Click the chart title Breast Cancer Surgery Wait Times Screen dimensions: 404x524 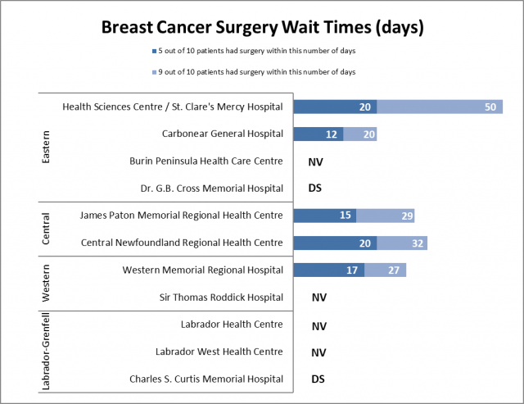(x=262, y=27)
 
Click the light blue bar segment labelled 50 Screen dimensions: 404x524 (x=440, y=107)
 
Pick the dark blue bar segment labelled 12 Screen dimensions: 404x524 (x=318, y=134)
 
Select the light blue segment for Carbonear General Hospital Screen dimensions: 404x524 (x=360, y=134)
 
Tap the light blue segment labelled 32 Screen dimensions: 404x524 (x=402, y=243)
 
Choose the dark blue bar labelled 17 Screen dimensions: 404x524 (x=328, y=270)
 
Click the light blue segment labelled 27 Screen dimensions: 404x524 (x=385, y=270)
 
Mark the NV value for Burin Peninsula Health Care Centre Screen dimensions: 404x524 (x=315, y=162)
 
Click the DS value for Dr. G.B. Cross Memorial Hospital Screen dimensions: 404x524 (x=315, y=188)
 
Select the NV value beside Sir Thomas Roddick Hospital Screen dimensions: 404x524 (x=319, y=298)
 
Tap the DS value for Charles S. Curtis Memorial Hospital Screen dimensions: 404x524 (x=319, y=379)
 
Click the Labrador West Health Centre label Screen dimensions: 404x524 (x=219, y=352)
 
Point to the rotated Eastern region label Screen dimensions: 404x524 (x=46, y=147)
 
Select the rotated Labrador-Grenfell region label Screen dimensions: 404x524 (x=46, y=352)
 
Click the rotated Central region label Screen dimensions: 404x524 (x=46, y=229)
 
